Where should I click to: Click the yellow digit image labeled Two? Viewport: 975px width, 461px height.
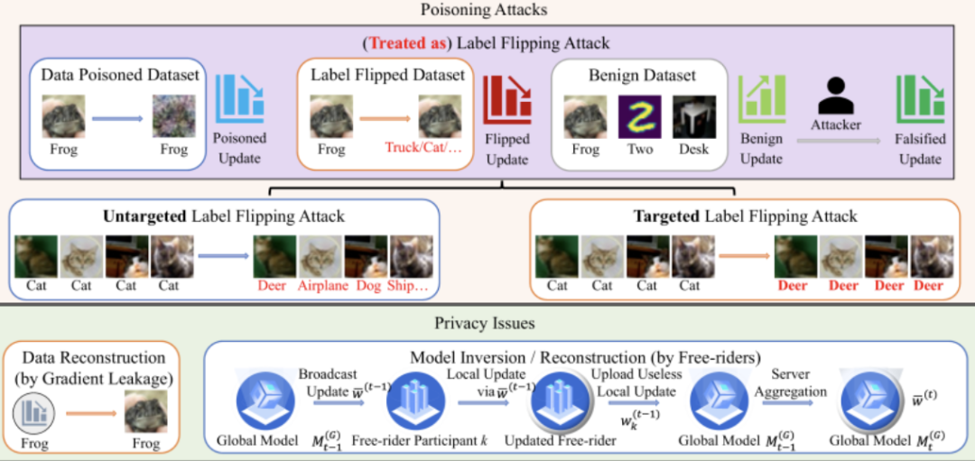[639, 117]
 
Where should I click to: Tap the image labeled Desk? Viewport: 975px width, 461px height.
[693, 117]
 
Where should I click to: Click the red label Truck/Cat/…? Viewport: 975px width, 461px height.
[423, 150]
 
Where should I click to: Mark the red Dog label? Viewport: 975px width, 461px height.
[367, 286]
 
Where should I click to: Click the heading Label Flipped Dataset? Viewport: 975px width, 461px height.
[387, 75]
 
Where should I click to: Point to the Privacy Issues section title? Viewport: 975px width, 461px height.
[487, 322]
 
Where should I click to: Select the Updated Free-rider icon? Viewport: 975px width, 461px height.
[561, 405]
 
